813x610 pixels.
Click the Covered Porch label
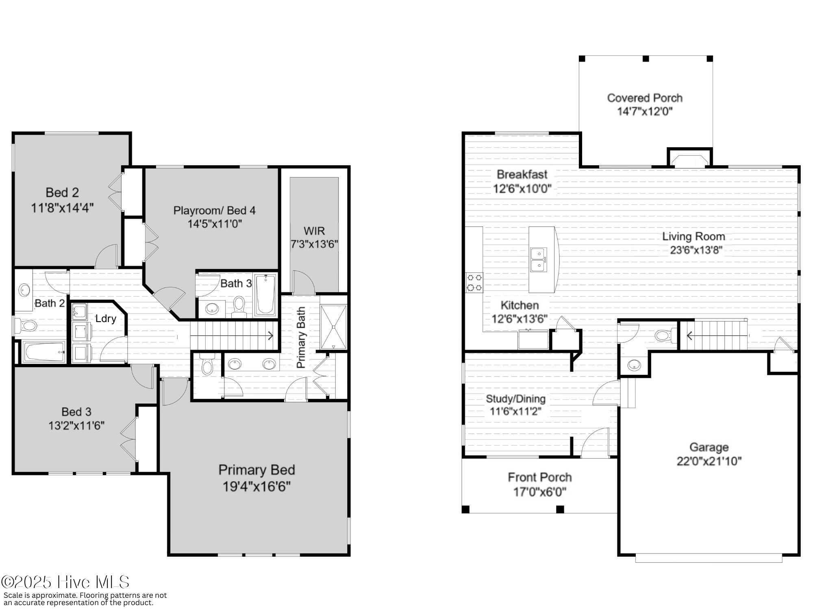[x=645, y=98]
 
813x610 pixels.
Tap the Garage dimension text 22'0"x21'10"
[x=709, y=461]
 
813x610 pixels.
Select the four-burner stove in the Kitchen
[x=474, y=283]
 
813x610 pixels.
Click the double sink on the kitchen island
[x=539, y=260]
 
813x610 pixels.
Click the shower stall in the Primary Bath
[x=333, y=327]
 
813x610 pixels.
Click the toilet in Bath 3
[x=239, y=307]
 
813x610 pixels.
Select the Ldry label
[x=106, y=318]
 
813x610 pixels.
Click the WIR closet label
[x=314, y=231]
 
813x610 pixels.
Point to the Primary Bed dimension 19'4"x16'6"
[x=257, y=486]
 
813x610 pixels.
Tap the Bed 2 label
[x=62, y=192]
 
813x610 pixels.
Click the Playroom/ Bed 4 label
[x=215, y=210]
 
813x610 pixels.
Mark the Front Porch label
[x=540, y=477]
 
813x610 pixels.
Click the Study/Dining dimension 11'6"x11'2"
[x=515, y=412]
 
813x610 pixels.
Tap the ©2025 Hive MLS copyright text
[x=65, y=582]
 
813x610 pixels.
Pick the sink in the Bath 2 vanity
[x=24, y=290]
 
